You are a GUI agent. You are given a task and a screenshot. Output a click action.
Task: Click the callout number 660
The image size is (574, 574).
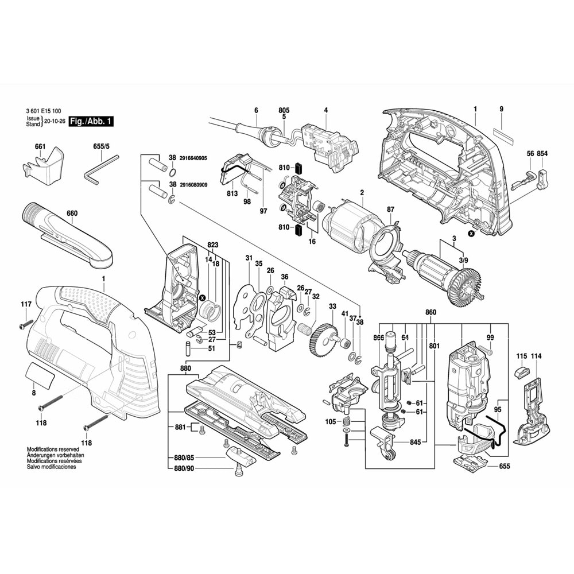coord(71,214)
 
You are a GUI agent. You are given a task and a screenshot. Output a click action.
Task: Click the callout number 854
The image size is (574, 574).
coord(542,153)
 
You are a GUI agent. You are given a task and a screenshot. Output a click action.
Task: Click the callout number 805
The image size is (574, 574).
coord(284,110)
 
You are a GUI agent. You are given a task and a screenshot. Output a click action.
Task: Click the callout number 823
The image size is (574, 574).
coord(212,245)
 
